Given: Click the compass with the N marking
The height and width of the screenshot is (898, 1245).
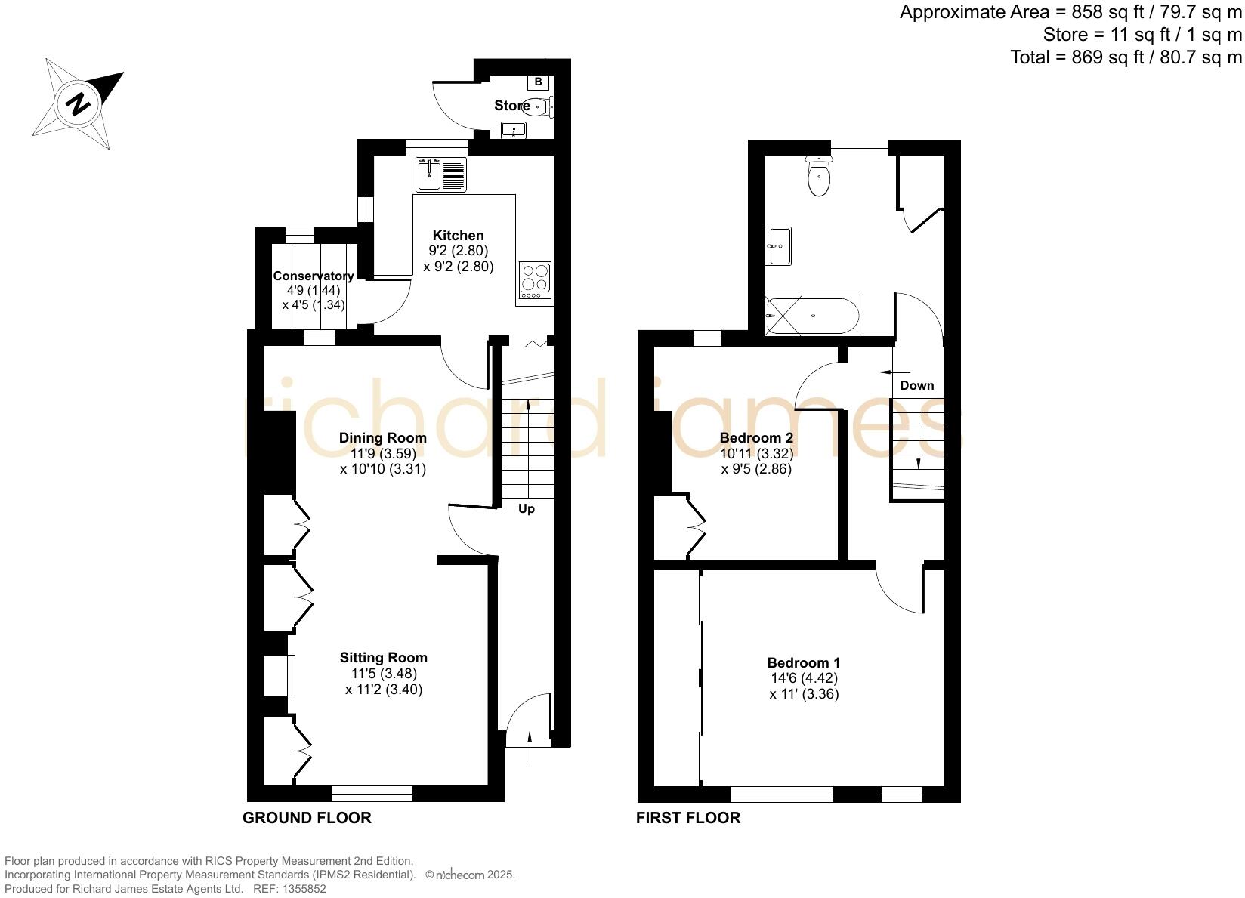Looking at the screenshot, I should (78, 103).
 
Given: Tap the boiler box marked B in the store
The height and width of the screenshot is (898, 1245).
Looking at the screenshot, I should (538, 82).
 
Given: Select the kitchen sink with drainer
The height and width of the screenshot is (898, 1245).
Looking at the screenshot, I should (441, 174).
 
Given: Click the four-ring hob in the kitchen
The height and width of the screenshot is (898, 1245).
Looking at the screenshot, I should (535, 278).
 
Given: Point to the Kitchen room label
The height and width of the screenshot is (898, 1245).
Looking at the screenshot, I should (458, 236).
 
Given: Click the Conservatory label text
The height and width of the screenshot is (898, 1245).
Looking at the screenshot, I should (313, 276).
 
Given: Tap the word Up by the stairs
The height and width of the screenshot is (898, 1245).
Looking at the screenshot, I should (527, 509).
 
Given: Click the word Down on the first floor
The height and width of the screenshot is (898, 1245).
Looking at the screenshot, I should (916, 386).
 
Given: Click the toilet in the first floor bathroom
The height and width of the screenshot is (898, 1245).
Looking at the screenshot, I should (818, 178).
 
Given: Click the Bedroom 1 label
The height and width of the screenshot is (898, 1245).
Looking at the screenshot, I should (803, 663).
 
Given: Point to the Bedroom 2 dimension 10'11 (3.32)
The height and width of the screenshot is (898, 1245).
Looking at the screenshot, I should (756, 454).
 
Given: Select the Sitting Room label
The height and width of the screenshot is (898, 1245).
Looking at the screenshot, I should (383, 658).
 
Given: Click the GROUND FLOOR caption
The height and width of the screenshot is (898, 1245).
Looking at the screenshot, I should (307, 818).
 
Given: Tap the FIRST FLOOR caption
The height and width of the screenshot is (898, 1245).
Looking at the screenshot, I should (687, 818).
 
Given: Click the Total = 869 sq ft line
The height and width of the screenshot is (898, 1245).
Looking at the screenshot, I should (1126, 57).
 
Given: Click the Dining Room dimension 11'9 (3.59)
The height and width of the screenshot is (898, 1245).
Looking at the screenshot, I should (383, 454).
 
